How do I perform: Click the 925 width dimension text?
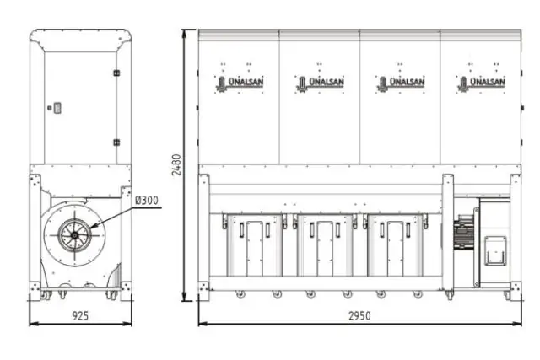[x=80, y=314]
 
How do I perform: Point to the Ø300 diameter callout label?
[x=147, y=200]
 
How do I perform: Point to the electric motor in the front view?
[x=465, y=233]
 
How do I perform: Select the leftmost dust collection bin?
[x=254, y=244]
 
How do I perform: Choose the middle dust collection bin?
[x=325, y=244]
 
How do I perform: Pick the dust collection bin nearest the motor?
[x=395, y=244]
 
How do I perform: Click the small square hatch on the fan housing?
[x=494, y=250]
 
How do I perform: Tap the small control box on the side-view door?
[x=57, y=107]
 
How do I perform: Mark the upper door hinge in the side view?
[x=116, y=73]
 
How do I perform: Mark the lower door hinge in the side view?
[x=116, y=144]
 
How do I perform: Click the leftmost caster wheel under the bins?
[x=240, y=294]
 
